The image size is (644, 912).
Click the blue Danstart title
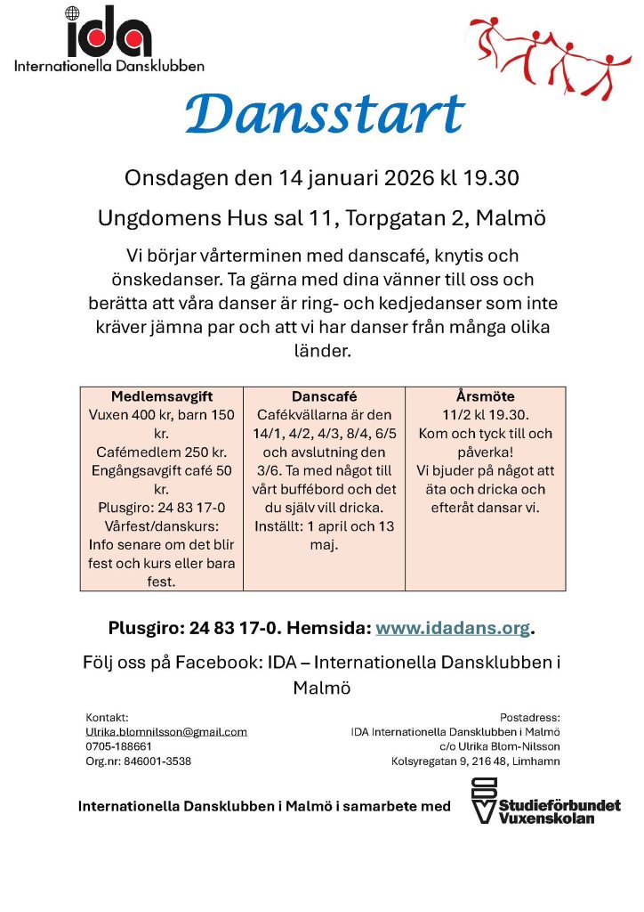click(325, 115)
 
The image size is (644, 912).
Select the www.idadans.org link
click(453, 628)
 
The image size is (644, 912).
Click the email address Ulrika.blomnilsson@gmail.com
click(166, 731)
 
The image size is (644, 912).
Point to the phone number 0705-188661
click(118, 746)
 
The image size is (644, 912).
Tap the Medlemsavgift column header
click(162, 396)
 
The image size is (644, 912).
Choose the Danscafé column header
click(324, 396)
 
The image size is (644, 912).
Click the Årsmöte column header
click(485, 396)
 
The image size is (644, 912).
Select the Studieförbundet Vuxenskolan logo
click(545, 800)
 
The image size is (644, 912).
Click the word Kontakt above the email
click(108, 717)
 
